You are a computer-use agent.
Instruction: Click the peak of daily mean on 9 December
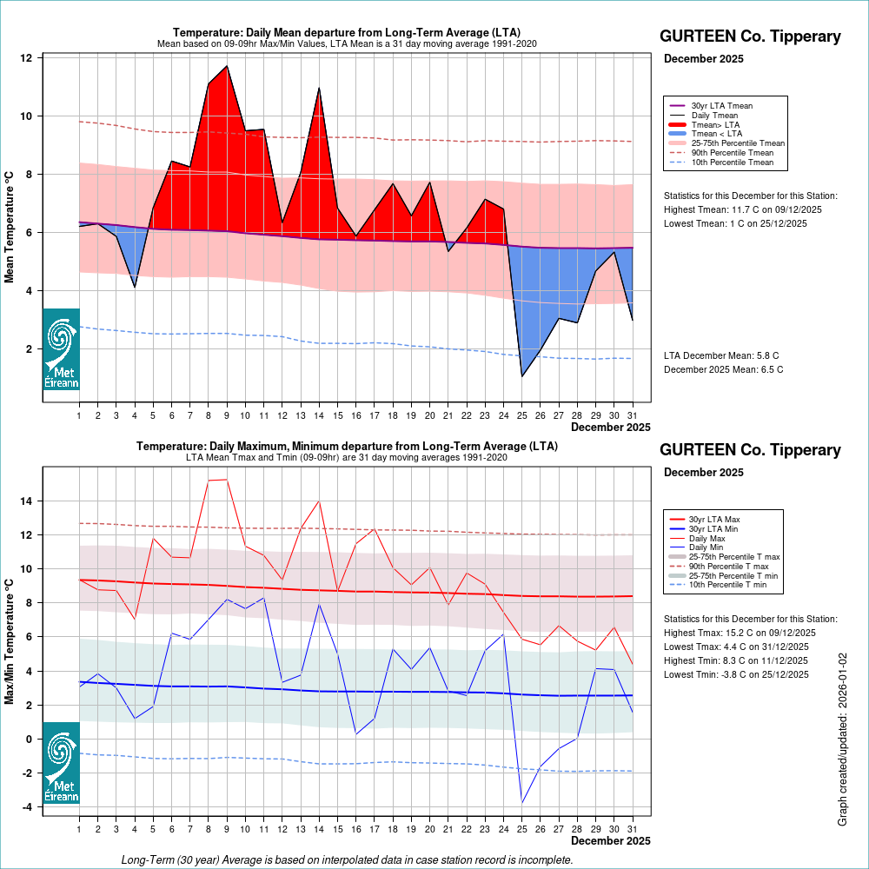pos(227,66)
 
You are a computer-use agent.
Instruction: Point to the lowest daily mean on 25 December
pos(522,376)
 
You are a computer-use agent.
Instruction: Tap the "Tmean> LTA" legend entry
pos(714,124)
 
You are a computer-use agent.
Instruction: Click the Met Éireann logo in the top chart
pos(61,349)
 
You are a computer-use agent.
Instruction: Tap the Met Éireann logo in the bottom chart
pos(61,763)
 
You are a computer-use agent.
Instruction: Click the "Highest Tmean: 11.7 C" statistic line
pos(743,209)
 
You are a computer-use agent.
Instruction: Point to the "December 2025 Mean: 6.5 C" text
pos(723,369)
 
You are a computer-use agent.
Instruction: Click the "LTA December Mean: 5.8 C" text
pos(721,355)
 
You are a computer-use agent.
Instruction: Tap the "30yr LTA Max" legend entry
pos(714,519)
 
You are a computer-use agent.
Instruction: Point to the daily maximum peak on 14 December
pos(319,501)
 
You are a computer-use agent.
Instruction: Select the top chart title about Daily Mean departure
pos(347,33)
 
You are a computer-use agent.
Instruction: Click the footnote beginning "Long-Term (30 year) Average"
pos(347,859)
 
